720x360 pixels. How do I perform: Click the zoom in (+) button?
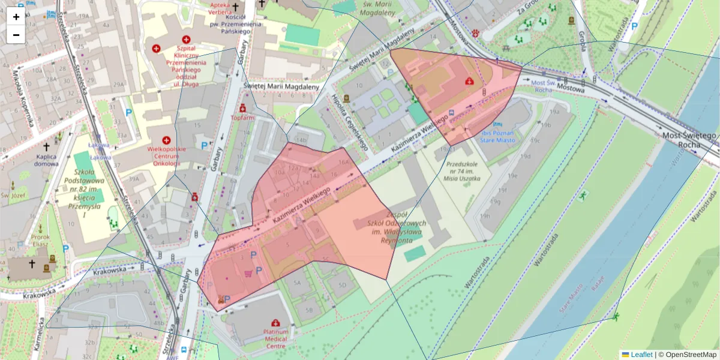coord(16,17)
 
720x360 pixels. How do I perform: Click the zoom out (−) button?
coord(16,35)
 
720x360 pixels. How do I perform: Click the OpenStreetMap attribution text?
coord(686,355)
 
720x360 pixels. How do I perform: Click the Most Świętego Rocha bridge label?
coord(689,140)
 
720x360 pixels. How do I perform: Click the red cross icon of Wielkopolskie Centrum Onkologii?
coord(166,140)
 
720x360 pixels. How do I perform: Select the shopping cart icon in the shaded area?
coord(248,274)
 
